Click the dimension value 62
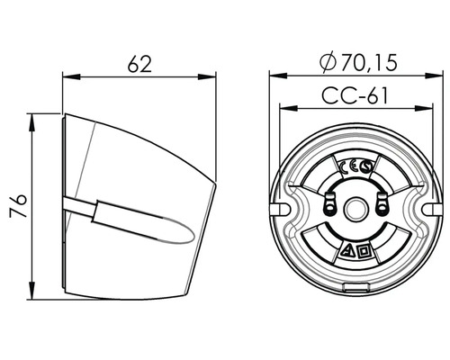(139, 64)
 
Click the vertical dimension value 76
(18, 205)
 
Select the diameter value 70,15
(369, 63)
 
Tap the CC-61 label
(355, 95)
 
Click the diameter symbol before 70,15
(328, 63)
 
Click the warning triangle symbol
(349, 251)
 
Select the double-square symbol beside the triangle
(364, 251)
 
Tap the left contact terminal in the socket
(330, 203)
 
